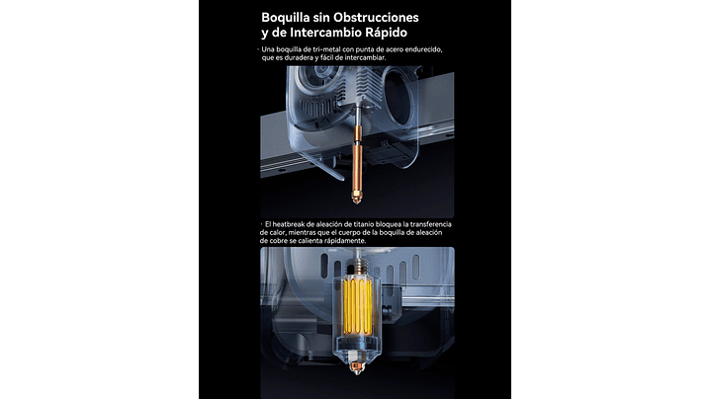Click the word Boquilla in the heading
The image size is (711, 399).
point(285,18)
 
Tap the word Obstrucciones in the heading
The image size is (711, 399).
point(376,17)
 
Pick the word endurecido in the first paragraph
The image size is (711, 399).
point(425,49)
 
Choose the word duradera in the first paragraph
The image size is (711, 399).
point(299,58)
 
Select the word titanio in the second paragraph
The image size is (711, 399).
point(356,224)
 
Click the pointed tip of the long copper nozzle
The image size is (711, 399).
point(357,202)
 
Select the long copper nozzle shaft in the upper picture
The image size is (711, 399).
point(357,153)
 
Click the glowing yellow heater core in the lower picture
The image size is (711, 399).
point(357,306)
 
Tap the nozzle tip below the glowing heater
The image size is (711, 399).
point(357,367)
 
